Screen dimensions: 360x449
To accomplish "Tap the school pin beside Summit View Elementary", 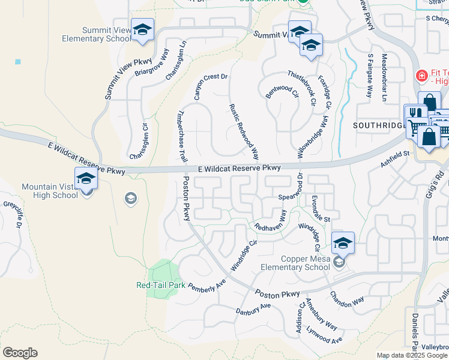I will pyautogui.click(x=142, y=30).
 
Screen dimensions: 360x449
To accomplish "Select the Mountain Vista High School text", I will pyautogui.click(x=50, y=191).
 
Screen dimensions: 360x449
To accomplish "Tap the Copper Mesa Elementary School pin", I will pyautogui.click(x=342, y=244).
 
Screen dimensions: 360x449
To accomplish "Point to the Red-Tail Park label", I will pyautogui.click(x=161, y=286).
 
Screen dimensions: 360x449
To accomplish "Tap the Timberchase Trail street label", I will pyautogui.click(x=181, y=135).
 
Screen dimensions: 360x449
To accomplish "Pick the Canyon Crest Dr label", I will pyautogui.click(x=210, y=86).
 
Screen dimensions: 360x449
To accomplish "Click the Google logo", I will pyautogui.click(x=20, y=353).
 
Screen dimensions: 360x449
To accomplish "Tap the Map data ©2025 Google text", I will pyautogui.click(x=411, y=355).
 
